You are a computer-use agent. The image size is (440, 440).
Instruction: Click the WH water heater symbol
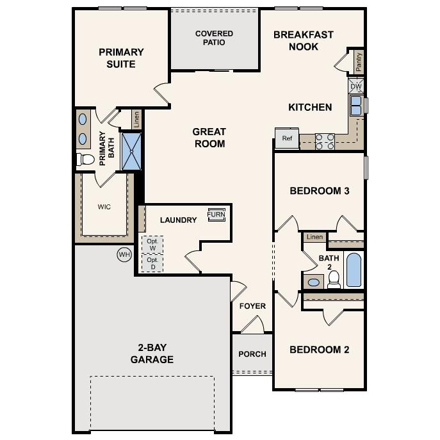coord(124,254)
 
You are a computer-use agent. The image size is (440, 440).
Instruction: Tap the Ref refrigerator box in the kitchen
coord(287,138)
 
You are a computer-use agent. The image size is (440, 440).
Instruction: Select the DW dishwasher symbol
coord(356,86)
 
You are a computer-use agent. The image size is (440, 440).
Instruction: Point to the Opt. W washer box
coord(152,245)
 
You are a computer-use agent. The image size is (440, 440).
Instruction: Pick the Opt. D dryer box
coord(152,263)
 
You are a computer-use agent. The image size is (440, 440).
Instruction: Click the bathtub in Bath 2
coord(354,270)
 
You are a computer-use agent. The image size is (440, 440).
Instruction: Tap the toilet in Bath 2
coord(334,279)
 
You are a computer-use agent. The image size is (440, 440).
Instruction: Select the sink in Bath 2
coord(314,282)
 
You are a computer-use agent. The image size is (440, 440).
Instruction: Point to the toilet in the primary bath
coord(85,159)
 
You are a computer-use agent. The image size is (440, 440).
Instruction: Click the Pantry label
coord(359,61)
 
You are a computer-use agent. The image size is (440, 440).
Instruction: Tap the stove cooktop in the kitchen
coord(325,141)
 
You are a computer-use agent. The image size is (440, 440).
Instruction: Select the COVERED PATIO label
coord(214,38)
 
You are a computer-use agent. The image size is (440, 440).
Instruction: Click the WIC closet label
coord(104,207)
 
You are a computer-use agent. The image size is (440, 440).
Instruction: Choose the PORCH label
coord(252,354)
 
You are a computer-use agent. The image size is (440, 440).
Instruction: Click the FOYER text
coord(252,306)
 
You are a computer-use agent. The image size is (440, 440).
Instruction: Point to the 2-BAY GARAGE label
coord(152,354)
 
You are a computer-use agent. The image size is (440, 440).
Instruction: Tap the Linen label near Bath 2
coord(314,237)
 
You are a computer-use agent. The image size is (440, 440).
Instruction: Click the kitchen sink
coord(355,106)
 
